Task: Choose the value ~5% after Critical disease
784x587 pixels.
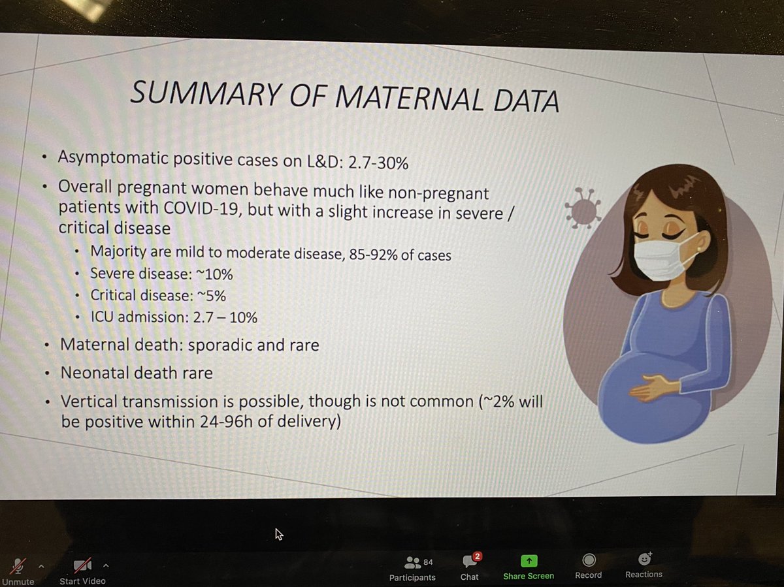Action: coord(210,296)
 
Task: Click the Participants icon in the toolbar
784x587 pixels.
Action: coord(412,562)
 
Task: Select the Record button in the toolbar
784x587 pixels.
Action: coord(588,561)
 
